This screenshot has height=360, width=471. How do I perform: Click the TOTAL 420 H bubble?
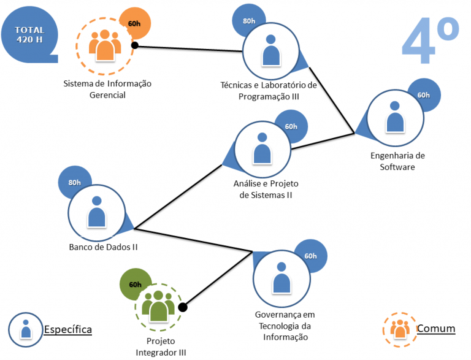pyautogui.click(x=30, y=35)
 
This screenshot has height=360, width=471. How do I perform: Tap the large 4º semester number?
pyautogui.click(x=431, y=40)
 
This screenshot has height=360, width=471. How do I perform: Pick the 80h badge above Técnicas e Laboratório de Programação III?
pyautogui.click(x=248, y=21)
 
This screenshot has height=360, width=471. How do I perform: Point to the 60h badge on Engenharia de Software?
pyautogui.click(x=423, y=95)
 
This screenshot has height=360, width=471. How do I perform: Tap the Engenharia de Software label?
pyautogui.click(x=397, y=161)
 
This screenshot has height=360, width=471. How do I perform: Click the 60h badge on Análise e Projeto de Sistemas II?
pyautogui.click(x=291, y=126)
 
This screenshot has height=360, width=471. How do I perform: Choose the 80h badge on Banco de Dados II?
pyautogui.click(x=74, y=182)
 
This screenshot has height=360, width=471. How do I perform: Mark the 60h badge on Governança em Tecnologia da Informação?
pyautogui.click(x=310, y=256)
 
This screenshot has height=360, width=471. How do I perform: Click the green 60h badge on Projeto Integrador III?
pyautogui.click(x=135, y=285)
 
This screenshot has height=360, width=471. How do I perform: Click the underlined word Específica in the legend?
pyautogui.click(x=67, y=330)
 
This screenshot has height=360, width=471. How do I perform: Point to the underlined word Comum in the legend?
pyautogui.click(x=436, y=329)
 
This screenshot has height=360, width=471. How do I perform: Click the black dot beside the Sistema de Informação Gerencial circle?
pyautogui.click(x=134, y=45)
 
